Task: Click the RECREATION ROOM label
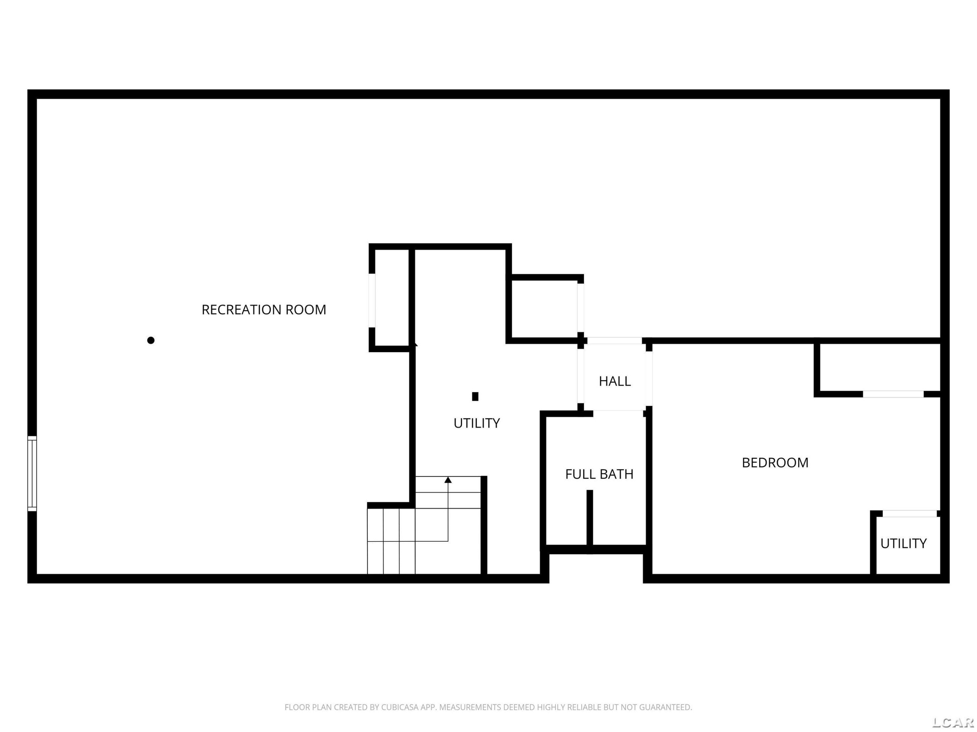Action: click(264, 310)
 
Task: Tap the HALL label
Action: click(615, 381)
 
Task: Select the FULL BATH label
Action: click(599, 474)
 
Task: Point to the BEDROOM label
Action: click(775, 463)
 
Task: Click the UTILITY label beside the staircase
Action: click(476, 424)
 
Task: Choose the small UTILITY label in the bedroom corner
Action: click(903, 544)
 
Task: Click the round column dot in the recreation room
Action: click(150, 340)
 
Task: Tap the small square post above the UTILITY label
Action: click(475, 396)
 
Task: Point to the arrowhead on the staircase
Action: click(448, 480)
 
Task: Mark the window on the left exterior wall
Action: click(32, 473)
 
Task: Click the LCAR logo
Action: click(953, 722)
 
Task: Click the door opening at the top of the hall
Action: click(615, 341)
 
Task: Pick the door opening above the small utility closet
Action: click(909, 514)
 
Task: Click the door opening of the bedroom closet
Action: click(893, 394)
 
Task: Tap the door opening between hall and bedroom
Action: click(649, 379)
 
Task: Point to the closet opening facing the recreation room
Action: click(372, 301)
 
